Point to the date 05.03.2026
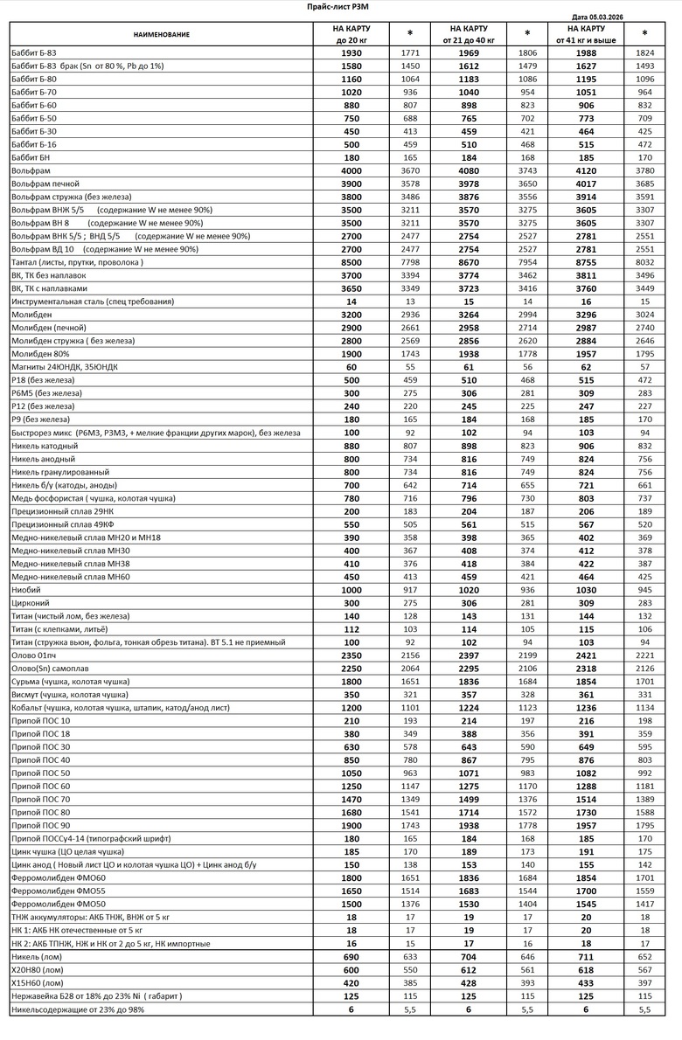pyautogui.click(x=613, y=17)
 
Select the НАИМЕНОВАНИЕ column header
pyautogui.click(x=162, y=34)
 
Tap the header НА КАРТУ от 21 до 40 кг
pyautogui.click(x=469, y=34)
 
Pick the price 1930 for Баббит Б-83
pyautogui.click(x=351, y=53)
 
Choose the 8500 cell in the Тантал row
pyautogui.click(x=351, y=262)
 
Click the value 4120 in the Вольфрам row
pyautogui.click(x=586, y=170)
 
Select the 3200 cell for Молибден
pyautogui.click(x=351, y=314)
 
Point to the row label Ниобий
pyautogui.click(x=26, y=589)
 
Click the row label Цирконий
pyautogui.click(x=31, y=602)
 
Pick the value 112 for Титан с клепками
pyautogui.click(x=351, y=628)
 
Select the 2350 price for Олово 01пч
pyautogui.click(x=351, y=655)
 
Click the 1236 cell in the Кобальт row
pyautogui.click(x=586, y=707)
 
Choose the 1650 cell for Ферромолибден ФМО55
pyautogui.click(x=351, y=890)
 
